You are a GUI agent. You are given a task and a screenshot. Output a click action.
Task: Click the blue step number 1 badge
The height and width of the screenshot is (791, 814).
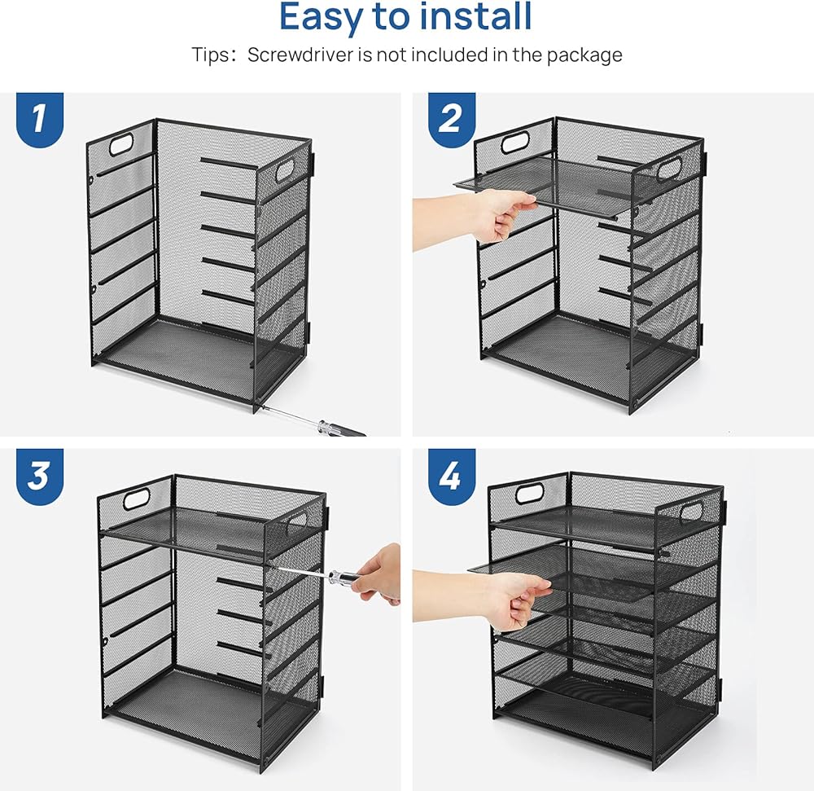[x=39, y=119]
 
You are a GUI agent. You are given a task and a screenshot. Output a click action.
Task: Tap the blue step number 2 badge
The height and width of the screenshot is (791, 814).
[x=452, y=119]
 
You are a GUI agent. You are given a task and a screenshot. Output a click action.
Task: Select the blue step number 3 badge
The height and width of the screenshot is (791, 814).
[x=39, y=475]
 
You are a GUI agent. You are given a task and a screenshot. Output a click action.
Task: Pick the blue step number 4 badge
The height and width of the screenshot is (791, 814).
[x=452, y=475]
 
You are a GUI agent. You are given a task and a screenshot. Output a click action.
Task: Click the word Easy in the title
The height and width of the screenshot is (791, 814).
[x=322, y=18]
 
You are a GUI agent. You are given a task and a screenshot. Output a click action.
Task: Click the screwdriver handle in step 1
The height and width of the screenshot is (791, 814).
[x=342, y=429]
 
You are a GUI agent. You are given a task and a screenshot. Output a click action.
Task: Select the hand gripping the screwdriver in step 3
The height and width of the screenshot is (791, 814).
[x=375, y=574]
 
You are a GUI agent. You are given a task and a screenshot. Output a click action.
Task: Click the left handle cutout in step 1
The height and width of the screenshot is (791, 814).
[x=121, y=144]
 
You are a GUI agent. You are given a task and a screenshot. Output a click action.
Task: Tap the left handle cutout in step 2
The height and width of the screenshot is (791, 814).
[x=515, y=142]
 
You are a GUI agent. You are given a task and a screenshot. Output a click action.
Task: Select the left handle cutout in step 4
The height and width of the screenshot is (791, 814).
[x=530, y=492]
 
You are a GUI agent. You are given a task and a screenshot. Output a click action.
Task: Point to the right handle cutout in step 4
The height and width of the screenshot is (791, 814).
[x=691, y=511]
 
